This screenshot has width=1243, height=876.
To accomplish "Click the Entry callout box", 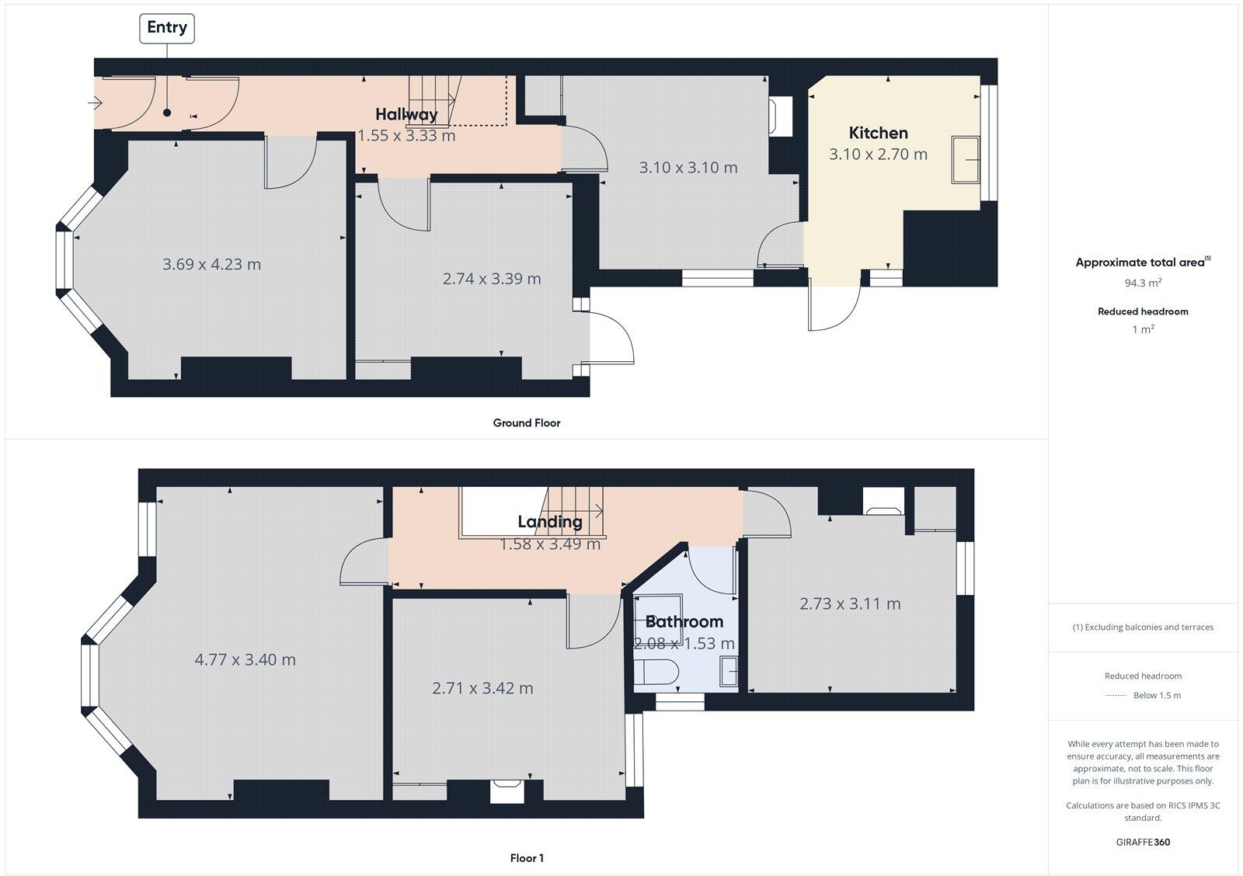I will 167,28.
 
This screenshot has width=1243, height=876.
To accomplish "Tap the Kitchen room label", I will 878,133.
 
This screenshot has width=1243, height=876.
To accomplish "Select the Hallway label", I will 406,114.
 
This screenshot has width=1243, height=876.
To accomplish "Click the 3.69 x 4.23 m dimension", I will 211,264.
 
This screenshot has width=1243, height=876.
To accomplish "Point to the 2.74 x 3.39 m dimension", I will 492,279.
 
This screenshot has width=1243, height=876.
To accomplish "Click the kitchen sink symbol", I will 967,159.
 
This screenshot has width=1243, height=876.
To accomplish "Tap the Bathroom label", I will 684,621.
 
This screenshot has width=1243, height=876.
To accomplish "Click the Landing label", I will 550,522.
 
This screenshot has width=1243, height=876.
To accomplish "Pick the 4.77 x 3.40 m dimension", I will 245,659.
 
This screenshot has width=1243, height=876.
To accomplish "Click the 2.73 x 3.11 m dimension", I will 850,603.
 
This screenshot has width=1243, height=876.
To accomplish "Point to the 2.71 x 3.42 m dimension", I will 482,688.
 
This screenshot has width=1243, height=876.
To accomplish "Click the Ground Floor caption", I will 526,423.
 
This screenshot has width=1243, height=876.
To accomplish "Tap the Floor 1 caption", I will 527,858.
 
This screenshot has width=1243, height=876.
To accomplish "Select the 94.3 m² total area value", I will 1143,283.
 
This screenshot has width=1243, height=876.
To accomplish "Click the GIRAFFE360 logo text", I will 1143,842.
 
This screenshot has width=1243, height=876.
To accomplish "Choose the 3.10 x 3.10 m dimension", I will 688,168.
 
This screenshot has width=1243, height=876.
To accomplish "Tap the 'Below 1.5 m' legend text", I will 1157,695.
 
